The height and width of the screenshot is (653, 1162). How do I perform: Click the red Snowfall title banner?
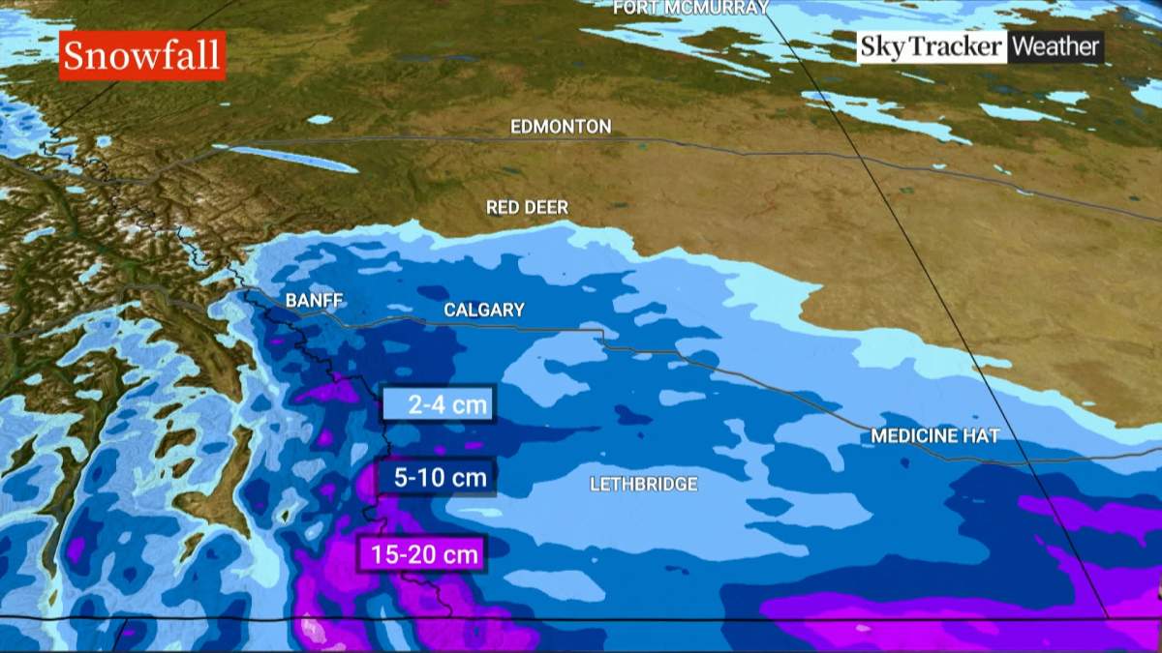142,55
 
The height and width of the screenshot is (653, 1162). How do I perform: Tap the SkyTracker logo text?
932,46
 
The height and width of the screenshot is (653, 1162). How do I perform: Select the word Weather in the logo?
1055,46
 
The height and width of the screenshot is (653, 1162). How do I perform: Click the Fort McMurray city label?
691,8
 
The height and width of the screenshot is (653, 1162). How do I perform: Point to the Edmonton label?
561,127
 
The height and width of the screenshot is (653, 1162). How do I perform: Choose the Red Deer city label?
527,207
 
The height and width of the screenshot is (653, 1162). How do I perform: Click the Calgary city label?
484,310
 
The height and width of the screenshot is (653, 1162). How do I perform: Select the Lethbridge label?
644,484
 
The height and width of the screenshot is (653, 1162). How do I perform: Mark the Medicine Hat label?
934,435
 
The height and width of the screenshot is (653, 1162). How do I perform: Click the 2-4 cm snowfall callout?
440,404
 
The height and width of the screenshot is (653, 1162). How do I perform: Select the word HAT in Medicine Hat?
979,435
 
